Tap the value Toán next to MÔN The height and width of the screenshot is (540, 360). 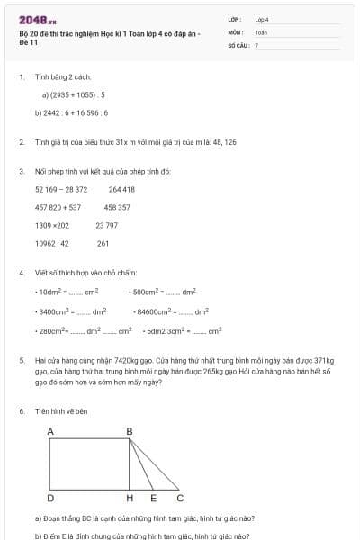[x=261, y=31]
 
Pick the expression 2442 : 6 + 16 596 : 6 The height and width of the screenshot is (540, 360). [x=72, y=112]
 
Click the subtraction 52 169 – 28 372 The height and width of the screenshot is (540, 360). [x=61, y=189]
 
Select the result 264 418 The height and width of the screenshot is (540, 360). [x=121, y=189]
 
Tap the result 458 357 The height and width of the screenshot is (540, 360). [x=117, y=207]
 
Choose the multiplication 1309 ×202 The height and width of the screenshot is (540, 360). [x=52, y=225]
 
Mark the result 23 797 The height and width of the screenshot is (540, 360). [x=106, y=225]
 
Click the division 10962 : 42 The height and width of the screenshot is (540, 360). [x=52, y=243]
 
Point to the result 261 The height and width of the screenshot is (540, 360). [x=103, y=243]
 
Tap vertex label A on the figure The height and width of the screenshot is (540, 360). [x=50, y=432]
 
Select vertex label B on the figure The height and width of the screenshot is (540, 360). [x=129, y=432]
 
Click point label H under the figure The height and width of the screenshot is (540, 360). [x=130, y=498]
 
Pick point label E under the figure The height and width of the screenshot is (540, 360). [x=153, y=498]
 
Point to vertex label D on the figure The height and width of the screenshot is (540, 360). [x=50, y=498]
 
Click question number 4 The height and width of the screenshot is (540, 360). [x=21, y=272]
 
